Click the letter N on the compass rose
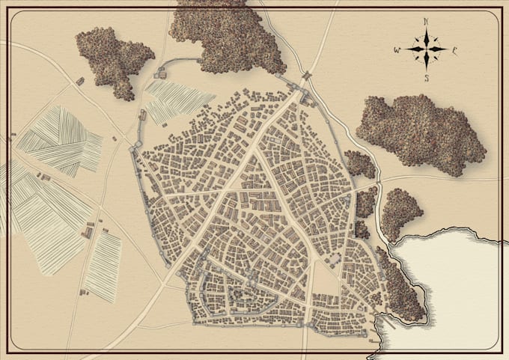[425, 22]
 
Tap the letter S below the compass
[425, 78]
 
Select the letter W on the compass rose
[397, 51]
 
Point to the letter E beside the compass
[454, 51]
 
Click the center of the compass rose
[425, 50]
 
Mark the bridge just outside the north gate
[307, 75]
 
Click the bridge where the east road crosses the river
[379, 180]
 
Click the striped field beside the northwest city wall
[177, 100]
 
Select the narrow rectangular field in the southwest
[103, 266]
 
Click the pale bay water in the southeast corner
[457, 284]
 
